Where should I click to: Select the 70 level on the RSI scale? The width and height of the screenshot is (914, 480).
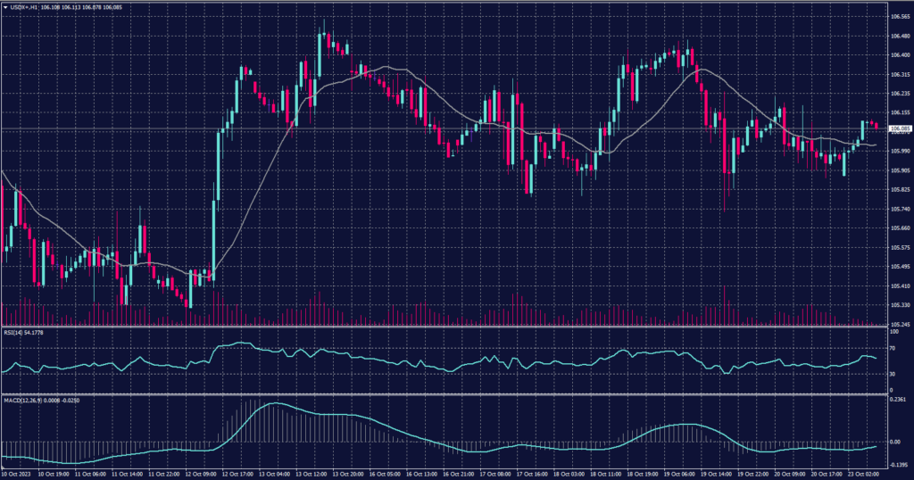pyautogui.click(x=893, y=350)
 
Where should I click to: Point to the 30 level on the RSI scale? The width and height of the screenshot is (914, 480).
pyautogui.click(x=893, y=375)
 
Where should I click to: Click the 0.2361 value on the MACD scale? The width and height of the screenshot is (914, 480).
pyautogui.click(x=898, y=401)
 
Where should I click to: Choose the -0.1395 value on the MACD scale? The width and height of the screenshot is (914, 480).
pyautogui.click(x=898, y=465)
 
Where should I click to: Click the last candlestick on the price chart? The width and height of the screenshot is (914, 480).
pyautogui.click(x=877, y=126)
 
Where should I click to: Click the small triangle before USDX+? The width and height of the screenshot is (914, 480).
pyautogui.click(x=4, y=6)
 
